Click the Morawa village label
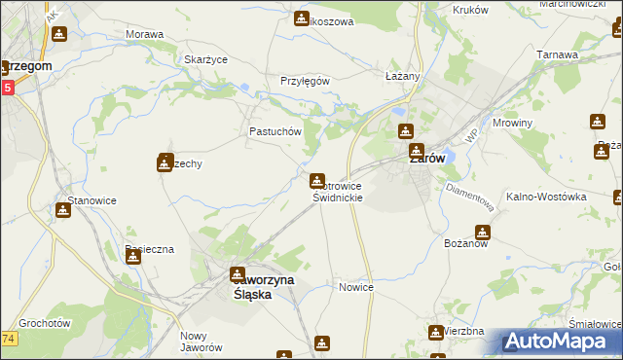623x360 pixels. [144, 34]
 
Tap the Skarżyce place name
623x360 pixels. [205, 59]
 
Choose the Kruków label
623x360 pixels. [470, 9]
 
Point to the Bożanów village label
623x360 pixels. [464, 242]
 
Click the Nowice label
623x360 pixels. [356, 288]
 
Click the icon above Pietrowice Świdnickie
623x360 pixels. [317, 181]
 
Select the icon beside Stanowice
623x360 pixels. [63, 209]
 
